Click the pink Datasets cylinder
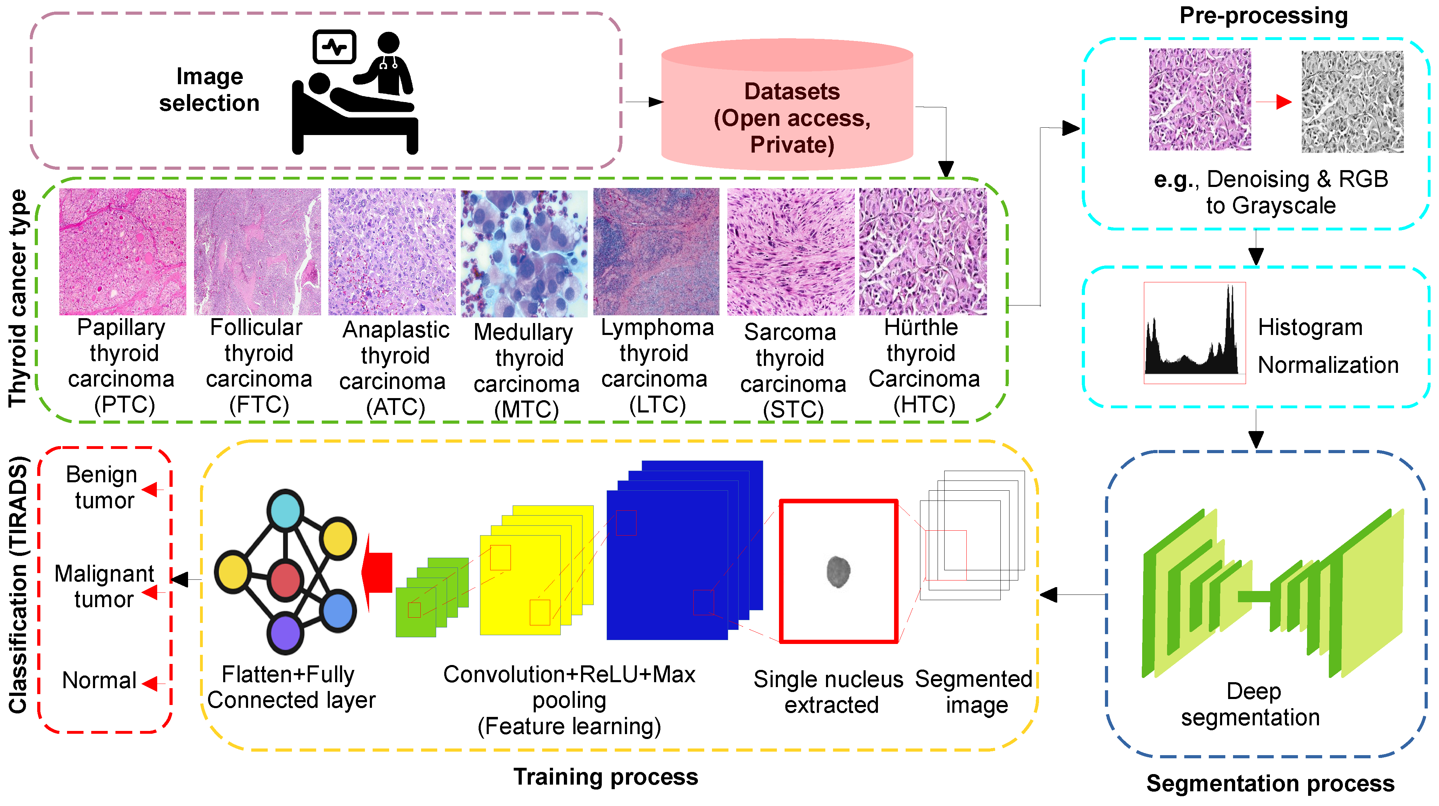pos(787,106)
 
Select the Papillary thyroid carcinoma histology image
pos(122,252)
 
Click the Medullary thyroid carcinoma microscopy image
pos(524,253)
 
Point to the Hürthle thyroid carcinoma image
pos(923,252)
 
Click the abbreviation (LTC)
pos(657,404)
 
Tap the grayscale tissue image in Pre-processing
pos(1352,102)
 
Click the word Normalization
pos(1328,365)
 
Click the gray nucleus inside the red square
pos(838,571)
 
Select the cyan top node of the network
pos(286,509)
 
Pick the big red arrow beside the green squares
pos(378,572)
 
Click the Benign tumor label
pos(102,487)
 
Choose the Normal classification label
pos(99,680)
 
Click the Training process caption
pos(606,777)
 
